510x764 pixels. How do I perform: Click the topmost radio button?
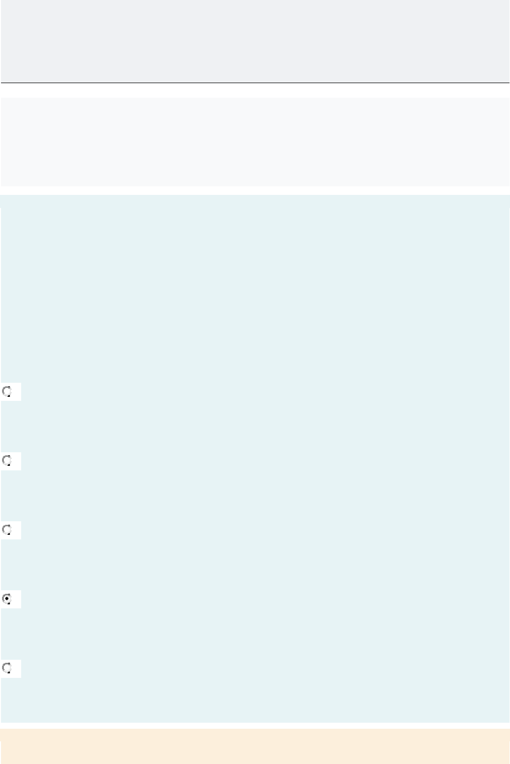(7, 392)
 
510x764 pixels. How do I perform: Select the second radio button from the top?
(7, 461)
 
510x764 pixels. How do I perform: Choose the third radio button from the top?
(7, 530)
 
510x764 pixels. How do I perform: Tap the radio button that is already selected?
(7, 599)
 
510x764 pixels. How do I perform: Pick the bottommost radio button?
(7, 668)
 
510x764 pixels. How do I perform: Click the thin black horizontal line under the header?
(255, 83)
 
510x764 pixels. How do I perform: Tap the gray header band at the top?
(255, 40)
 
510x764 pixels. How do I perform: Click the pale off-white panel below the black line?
(255, 142)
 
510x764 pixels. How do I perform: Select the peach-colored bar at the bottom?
(255, 746)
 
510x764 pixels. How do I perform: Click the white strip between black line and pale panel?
(255, 91)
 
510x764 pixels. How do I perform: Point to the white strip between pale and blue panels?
(255, 191)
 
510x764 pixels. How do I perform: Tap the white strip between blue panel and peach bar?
(255, 726)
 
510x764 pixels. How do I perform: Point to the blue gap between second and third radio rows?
(255, 496)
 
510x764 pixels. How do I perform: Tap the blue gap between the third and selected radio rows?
(255, 565)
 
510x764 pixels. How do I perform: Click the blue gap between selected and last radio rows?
(255, 634)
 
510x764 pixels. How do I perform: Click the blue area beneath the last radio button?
(255, 700)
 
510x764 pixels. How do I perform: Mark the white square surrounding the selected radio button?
(17, 604)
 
